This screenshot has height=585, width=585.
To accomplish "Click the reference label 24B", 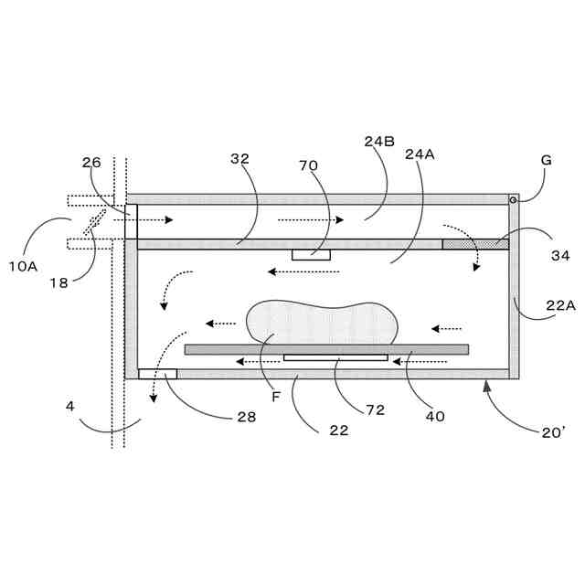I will click(378, 142).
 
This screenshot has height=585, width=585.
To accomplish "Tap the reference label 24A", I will click(419, 154).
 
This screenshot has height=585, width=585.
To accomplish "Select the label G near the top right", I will click(547, 160).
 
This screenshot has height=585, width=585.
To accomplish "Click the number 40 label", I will click(435, 416).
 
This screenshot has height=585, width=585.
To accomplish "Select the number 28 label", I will click(246, 416).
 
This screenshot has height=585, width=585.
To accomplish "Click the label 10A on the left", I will click(23, 266).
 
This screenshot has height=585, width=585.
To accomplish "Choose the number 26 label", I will click(91, 163).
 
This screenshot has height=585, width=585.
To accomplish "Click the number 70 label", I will click(308, 165).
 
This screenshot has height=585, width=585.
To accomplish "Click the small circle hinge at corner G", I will click(514, 199).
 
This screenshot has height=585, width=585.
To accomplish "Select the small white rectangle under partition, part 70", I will click(311, 254).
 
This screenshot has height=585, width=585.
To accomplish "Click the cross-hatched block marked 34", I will click(475, 244).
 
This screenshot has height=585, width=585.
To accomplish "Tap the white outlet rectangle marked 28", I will click(157, 374).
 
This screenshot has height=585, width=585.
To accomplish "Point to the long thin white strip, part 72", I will click(335, 357).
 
